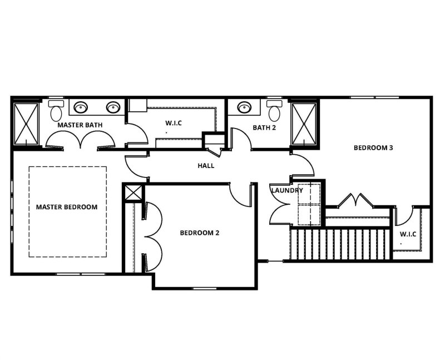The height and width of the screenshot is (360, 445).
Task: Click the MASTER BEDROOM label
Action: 67,207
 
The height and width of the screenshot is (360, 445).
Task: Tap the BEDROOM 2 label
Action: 199,233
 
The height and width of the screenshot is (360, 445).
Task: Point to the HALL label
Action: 206,166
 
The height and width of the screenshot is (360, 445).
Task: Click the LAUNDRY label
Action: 287,191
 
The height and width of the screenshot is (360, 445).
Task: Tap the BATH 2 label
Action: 265,127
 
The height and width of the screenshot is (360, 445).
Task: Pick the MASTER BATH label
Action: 80,125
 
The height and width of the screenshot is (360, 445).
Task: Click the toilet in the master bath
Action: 56,111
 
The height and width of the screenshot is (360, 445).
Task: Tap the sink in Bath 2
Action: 244,107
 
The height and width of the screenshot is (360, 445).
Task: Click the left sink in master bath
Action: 81,107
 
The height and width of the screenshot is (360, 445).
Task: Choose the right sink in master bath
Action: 113,107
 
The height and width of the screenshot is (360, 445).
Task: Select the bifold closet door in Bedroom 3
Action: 354,199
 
